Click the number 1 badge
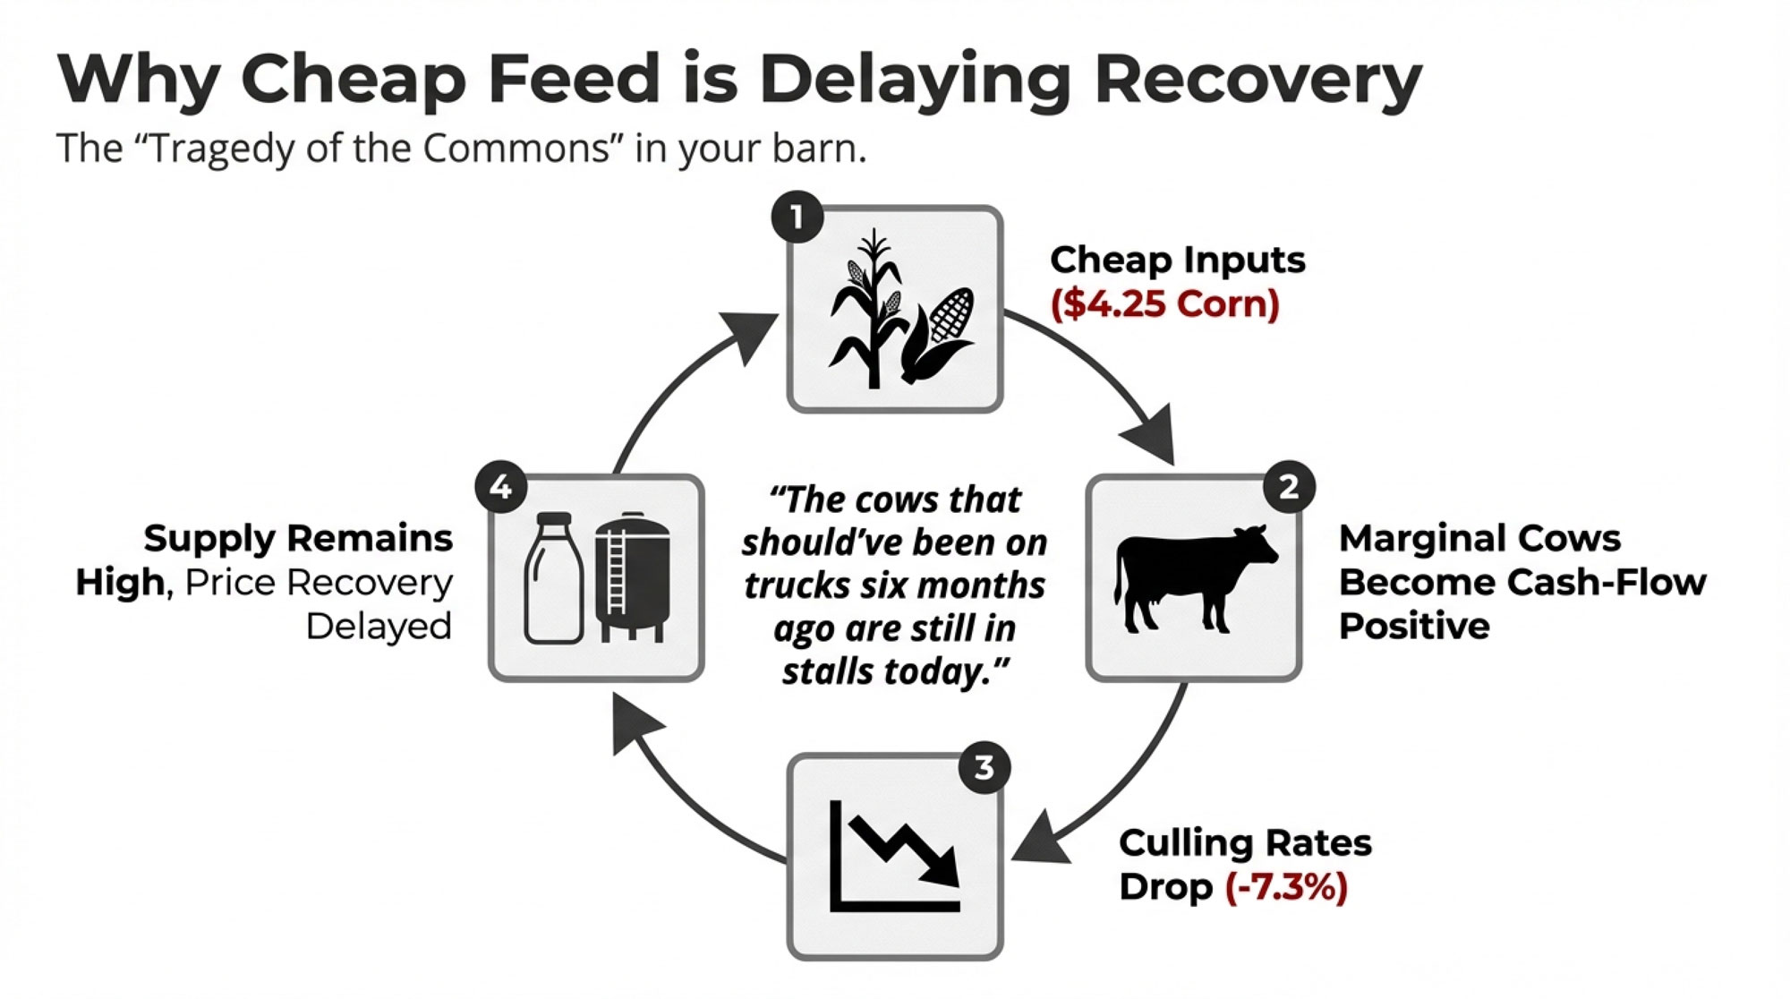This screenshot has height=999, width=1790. [797, 217]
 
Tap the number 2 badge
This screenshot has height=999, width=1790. [1289, 487]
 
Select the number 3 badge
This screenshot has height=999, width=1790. [984, 767]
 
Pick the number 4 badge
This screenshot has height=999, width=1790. [501, 487]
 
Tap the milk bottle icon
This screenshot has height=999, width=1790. [553, 578]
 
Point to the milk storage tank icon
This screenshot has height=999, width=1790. [633, 578]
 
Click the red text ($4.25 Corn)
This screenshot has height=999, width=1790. [1164, 303]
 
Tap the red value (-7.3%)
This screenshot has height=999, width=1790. [1286, 887]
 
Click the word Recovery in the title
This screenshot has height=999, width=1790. [1257, 81]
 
